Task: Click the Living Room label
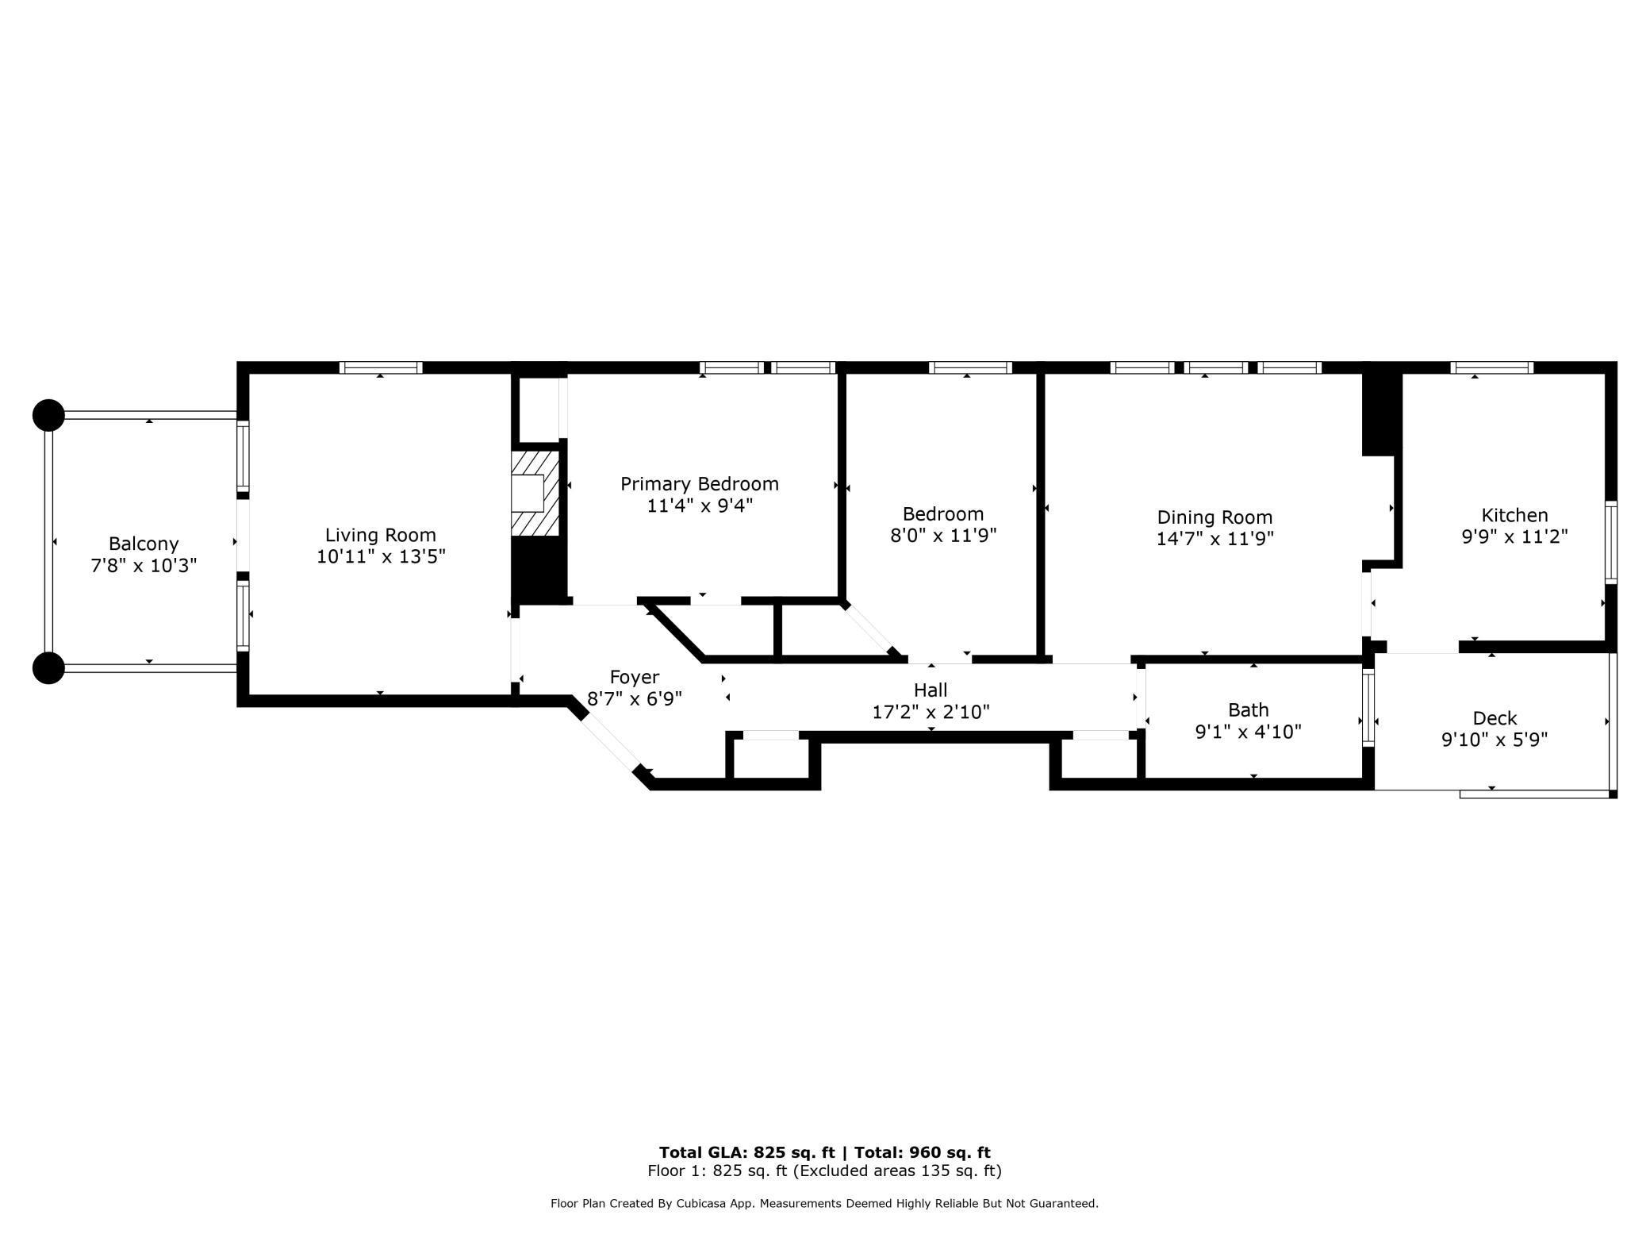(x=380, y=535)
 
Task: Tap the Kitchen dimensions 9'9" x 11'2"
(x=1514, y=537)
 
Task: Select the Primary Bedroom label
(x=699, y=484)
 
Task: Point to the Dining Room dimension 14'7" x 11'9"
(x=1214, y=539)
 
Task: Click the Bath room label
(x=1248, y=709)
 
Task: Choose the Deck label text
(x=1495, y=718)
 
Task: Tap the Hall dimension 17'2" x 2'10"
(x=931, y=713)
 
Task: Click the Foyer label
(x=634, y=677)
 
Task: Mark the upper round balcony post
(x=48, y=415)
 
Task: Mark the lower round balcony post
(x=48, y=668)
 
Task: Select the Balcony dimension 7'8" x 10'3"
(x=144, y=566)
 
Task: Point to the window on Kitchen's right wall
(x=1611, y=543)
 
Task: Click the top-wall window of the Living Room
(x=381, y=367)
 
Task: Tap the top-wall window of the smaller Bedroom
(x=970, y=367)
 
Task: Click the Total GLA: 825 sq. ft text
(x=746, y=1152)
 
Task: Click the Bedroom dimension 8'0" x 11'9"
(x=942, y=536)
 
